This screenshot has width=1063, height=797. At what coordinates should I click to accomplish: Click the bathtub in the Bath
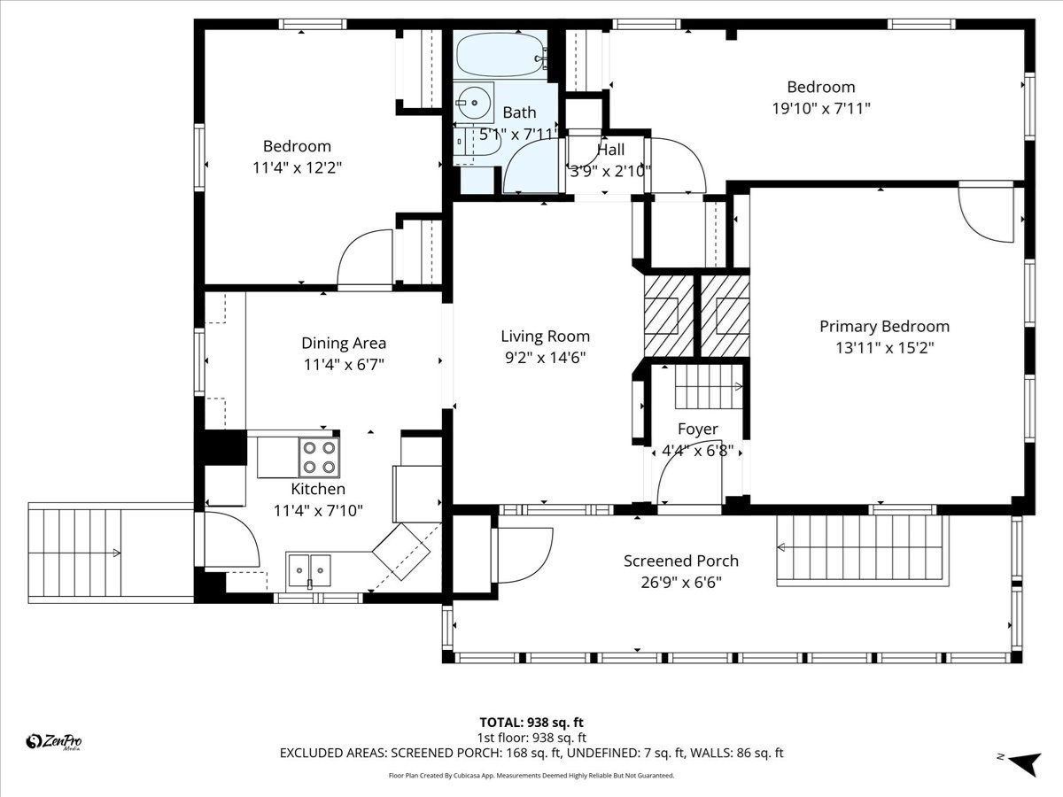coord(501,55)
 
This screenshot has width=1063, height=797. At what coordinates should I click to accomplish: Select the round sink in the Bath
coord(475,103)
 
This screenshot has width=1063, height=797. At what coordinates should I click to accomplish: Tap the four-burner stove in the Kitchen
coord(319,458)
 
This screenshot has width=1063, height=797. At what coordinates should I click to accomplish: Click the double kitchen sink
coord(308,569)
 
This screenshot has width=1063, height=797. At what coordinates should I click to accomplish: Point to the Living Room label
coord(545,337)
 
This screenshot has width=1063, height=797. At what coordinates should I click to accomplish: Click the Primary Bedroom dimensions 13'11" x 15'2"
coord(884,348)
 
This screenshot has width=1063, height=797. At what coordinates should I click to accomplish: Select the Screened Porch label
coord(680,561)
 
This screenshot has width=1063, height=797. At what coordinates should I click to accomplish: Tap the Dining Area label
coord(344,344)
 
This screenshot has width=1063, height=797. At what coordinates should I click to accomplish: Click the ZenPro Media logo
coord(54,742)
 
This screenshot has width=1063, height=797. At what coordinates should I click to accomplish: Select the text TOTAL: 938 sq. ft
coord(531,723)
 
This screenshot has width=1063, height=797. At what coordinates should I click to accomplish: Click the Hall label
coord(610,150)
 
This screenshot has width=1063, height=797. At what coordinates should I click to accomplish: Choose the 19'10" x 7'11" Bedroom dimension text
coord(820,109)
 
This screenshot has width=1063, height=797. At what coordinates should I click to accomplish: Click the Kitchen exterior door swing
coord(230,540)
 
